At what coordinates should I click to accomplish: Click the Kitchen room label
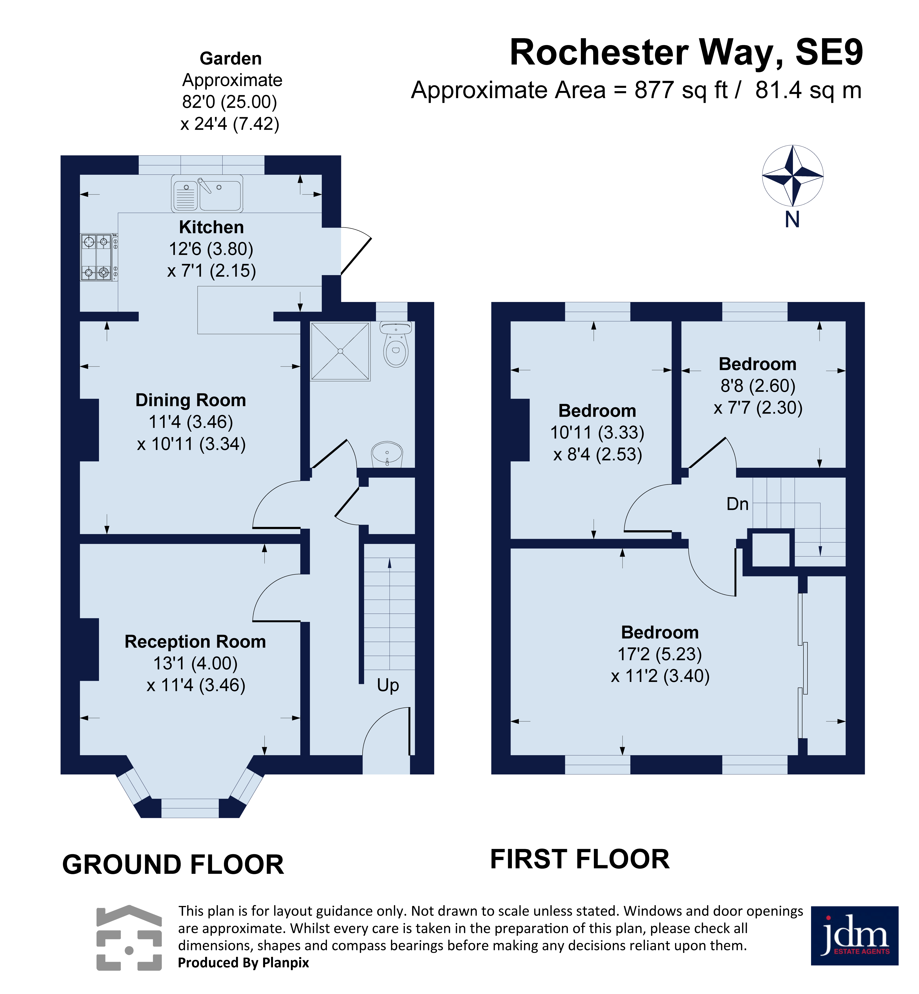coord(211,227)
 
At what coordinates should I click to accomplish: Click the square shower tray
coord(341,351)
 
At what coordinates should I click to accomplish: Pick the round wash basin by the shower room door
coord(387,454)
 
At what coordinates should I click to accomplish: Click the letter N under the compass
coord(792,219)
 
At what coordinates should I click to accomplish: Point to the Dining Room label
coord(191,400)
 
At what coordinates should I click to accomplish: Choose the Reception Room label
coord(195,642)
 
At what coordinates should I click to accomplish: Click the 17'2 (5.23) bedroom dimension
coord(660,654)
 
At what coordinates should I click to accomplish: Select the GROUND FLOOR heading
coord(173,865)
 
